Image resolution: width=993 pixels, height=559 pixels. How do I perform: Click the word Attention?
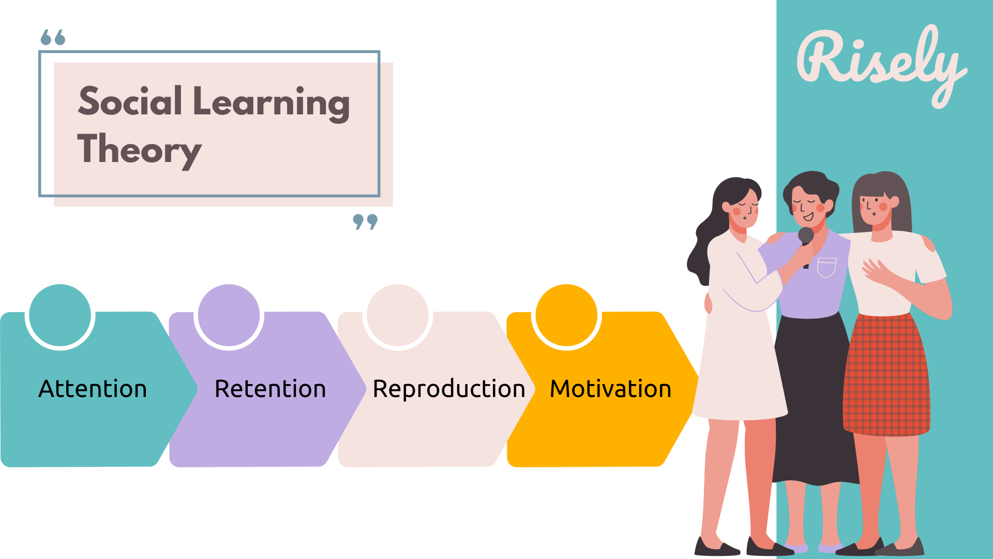click(x=93, y=389)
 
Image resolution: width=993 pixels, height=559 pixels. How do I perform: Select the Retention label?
click(x=270, y=389)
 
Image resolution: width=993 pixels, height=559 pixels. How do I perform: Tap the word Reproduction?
click(x=449, y=389)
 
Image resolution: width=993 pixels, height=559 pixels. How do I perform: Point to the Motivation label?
click(x=610, y=389)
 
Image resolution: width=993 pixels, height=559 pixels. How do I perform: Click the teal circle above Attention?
click(x=60, y=315)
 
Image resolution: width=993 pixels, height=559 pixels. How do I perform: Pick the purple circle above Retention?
click(x=229, y=315)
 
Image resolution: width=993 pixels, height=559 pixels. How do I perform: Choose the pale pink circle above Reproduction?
click(x=397, y=315)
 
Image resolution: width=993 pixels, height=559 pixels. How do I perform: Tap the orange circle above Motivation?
click(x=566, y=315)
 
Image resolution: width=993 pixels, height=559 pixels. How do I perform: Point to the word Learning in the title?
click(x=271, y=102)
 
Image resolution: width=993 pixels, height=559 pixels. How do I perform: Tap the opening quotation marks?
click(x=53, y=37)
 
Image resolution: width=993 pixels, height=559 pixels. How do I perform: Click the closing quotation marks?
click(x=365, y=222)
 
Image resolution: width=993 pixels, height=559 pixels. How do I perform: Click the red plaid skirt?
click(x=885, y=375)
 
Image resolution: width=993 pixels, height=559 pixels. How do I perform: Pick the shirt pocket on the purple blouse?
click(x=826, y=267)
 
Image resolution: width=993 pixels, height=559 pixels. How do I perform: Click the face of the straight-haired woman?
click(x=875, y=207)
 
